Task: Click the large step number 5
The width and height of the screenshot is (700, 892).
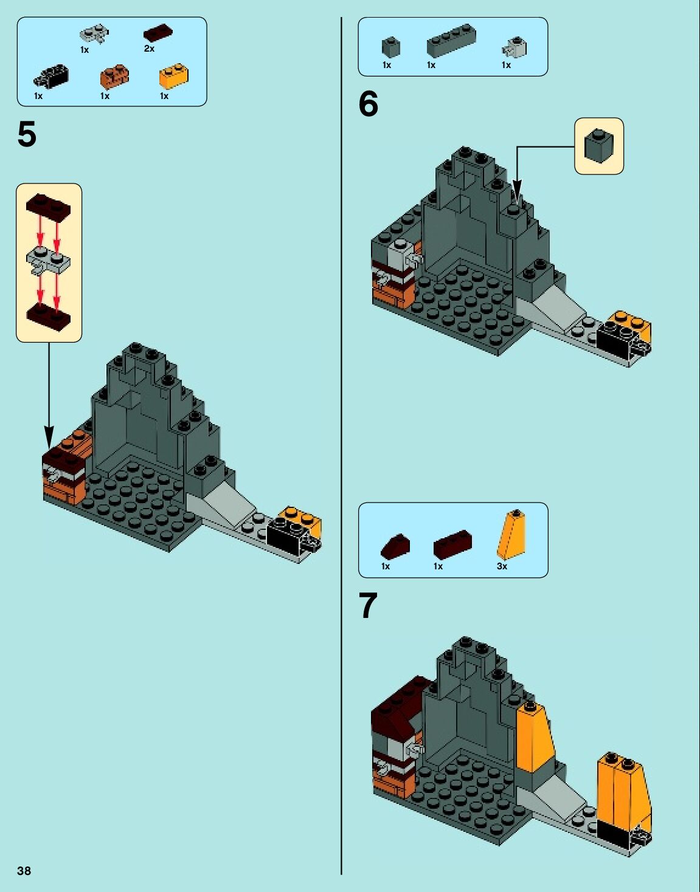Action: coord(27,134)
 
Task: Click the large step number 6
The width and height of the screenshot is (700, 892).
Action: coord(369,104)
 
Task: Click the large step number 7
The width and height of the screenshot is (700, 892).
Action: coord(368,606)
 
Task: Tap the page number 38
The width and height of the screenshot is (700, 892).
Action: coord(24,871)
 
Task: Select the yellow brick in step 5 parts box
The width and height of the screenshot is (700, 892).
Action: coord(173,76)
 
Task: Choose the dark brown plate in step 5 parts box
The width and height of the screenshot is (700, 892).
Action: coord(158,32)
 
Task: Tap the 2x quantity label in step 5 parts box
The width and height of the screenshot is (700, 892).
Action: coord(149,49)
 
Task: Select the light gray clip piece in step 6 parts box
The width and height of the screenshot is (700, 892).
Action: coord(515,46)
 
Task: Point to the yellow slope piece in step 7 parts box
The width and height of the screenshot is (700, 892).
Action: coord(511,534)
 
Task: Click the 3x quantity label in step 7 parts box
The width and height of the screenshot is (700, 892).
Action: coord(502,566)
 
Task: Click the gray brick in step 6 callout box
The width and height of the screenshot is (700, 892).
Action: coord(598,145)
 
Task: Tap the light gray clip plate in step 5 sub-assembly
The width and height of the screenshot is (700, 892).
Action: coord(49,260)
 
